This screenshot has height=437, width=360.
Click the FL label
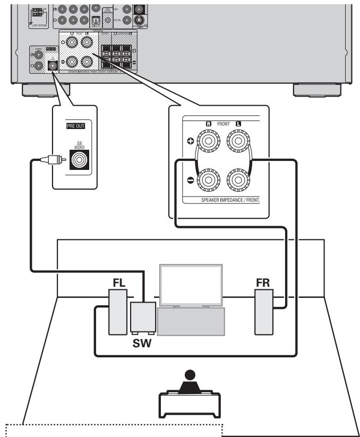pos(118,281)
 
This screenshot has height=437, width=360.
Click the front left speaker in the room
pos(117,313)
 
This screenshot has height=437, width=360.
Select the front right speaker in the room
pos(263,313)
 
